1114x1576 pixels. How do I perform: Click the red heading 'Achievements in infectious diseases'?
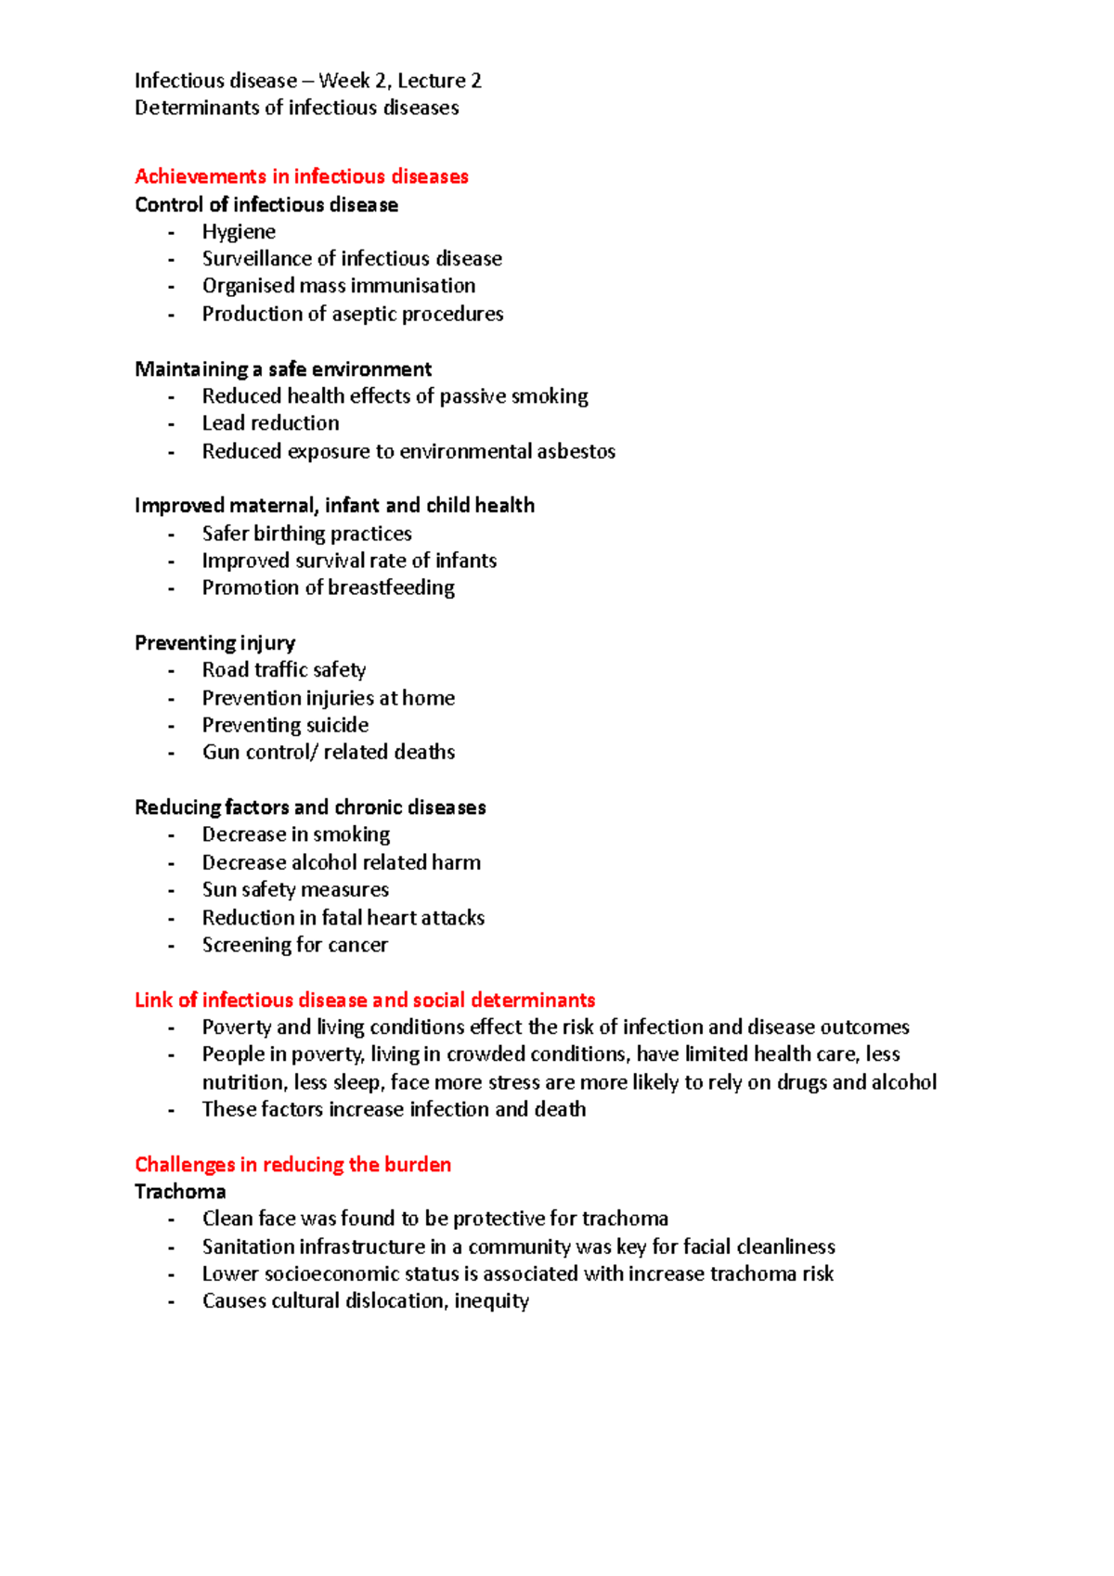301,176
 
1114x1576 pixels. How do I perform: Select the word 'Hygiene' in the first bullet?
239,231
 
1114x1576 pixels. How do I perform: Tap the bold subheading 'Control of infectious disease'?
266,204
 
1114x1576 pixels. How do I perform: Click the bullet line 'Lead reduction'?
270,423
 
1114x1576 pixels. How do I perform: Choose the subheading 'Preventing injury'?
214,643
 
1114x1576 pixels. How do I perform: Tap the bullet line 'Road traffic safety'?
284,670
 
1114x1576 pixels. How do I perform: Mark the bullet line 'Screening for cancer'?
294,945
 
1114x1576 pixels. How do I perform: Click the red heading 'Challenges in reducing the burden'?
292,1164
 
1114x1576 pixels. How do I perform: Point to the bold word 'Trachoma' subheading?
180,1192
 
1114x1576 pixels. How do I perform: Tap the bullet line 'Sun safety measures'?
295,889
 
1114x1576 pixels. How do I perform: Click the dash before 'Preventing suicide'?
171,726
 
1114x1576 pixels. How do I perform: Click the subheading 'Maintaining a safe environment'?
283,369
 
